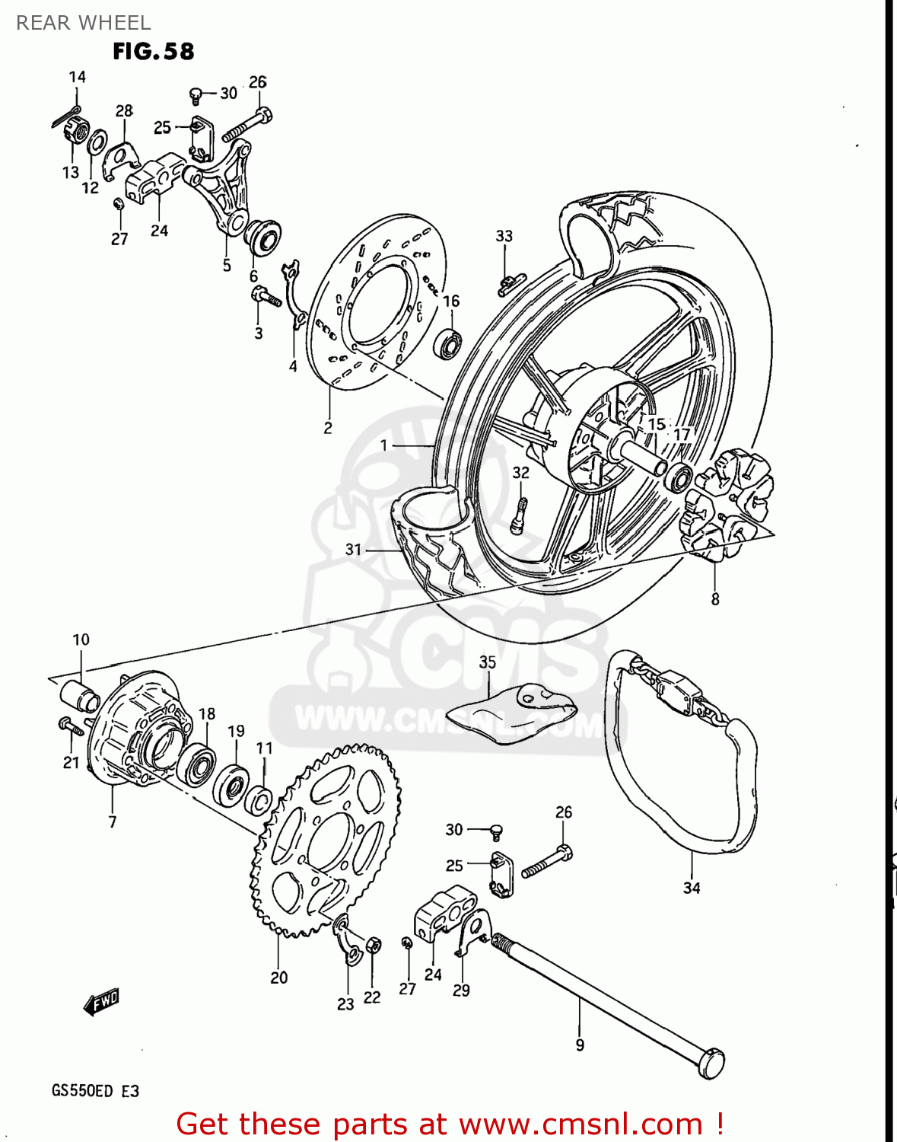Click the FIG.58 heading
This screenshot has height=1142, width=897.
point(153,52)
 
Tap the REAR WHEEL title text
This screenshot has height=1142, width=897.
point(83,23)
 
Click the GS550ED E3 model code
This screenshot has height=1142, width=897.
point(95,1090)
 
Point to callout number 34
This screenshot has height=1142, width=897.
point(691,888)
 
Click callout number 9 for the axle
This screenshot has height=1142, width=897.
point(580,1045)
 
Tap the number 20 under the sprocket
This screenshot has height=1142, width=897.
point(278,978)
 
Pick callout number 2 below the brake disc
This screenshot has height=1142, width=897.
point(328,428)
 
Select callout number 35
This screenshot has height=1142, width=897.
point(487,662)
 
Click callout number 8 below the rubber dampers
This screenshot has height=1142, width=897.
point(715,599)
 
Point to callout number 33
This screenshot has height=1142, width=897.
point(504,236)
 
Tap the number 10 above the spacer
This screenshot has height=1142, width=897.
point(81,640)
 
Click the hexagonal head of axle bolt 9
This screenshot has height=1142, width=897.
point(711,1063)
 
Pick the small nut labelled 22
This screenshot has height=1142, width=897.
point(373,946)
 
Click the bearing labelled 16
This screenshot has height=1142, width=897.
point(448,343)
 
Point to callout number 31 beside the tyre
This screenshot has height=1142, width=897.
point(353,549)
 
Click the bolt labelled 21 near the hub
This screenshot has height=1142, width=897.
point(72,727)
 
